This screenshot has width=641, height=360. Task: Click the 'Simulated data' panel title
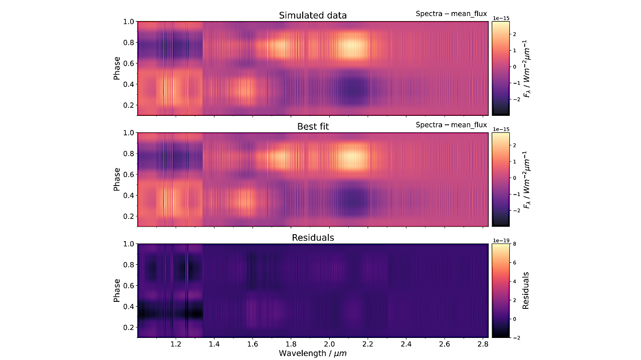[x=313, y=16]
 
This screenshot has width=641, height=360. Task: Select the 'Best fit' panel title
[x=313, y=127]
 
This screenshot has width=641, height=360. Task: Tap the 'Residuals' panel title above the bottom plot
[x=313, y=238]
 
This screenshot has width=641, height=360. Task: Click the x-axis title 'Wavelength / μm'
[x=313, y=353]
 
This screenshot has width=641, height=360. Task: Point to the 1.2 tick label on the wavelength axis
[x=175, y=344]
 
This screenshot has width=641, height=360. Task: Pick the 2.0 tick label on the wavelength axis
[x=329, y=344]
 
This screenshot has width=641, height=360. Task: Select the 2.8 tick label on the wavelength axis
[x=482, y=344]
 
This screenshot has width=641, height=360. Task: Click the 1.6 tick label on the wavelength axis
[x=252, y=344]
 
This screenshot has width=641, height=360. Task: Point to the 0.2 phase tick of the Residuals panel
[x=128, y=327]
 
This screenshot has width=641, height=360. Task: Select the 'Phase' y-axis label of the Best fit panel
[x=117, y=179]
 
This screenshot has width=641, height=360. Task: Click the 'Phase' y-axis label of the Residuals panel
[x=117, y=290]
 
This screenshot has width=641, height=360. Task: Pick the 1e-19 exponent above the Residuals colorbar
[x=502, y=240]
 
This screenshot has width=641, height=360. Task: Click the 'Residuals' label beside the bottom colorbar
[x=526, y=290]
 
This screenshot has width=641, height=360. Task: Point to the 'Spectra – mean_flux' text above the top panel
[x=451, y=14]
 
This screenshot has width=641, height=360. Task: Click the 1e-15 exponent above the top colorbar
[x=502, y=18]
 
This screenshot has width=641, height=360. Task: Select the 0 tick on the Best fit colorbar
[x=514, y=177]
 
